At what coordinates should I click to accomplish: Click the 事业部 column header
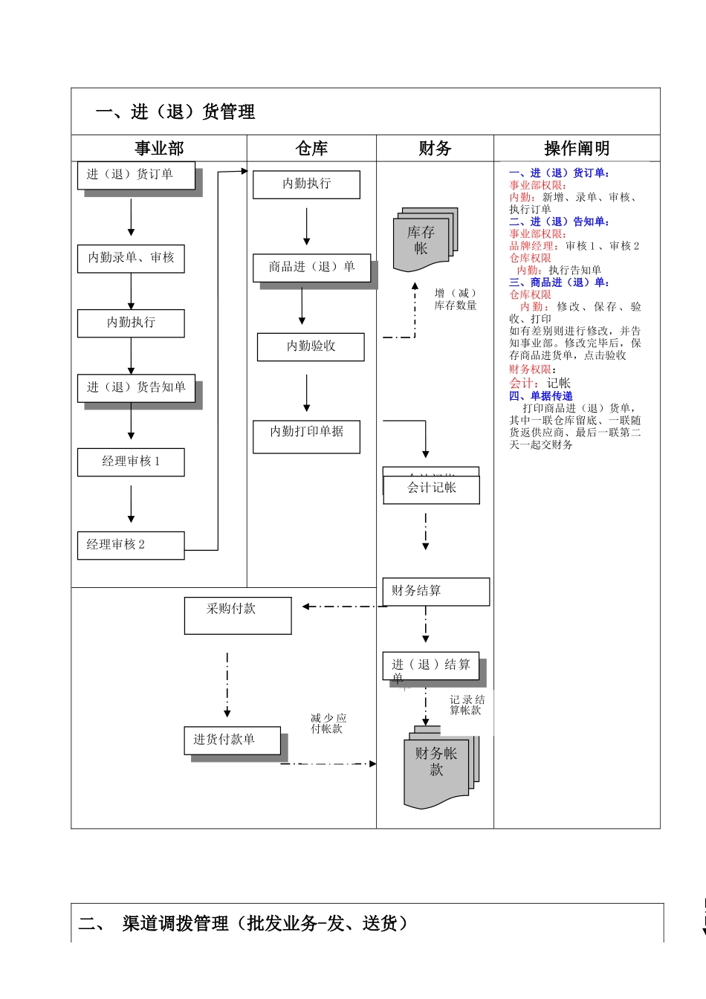click(159, 149)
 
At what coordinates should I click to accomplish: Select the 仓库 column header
click(311, 149)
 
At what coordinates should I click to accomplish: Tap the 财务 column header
click(435, 149)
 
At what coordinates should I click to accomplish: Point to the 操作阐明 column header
click(577, 149)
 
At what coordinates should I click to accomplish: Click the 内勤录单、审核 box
click(131, 258)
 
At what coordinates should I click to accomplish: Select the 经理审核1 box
click(131, 462)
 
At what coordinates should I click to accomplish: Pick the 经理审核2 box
click(131, 545)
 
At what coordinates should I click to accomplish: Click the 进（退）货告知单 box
click(136, 387)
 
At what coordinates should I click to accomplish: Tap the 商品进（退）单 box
click(311, 268)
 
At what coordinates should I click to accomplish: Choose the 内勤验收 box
click(311, 346)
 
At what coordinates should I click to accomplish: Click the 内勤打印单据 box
click(306, 436)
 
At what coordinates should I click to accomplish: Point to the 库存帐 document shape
click(422, 240)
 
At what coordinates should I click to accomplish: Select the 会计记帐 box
click(431, 489)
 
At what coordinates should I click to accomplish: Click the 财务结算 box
click(435, 592)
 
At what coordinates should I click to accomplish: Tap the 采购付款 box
click(238, 615)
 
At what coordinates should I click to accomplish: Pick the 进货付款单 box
click(232, 740)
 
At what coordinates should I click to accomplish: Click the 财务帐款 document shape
click(437, 769)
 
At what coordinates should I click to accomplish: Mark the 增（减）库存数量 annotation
click(456, 300)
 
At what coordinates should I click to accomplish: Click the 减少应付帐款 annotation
click(328, 724)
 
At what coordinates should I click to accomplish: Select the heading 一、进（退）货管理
click(175, 112)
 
